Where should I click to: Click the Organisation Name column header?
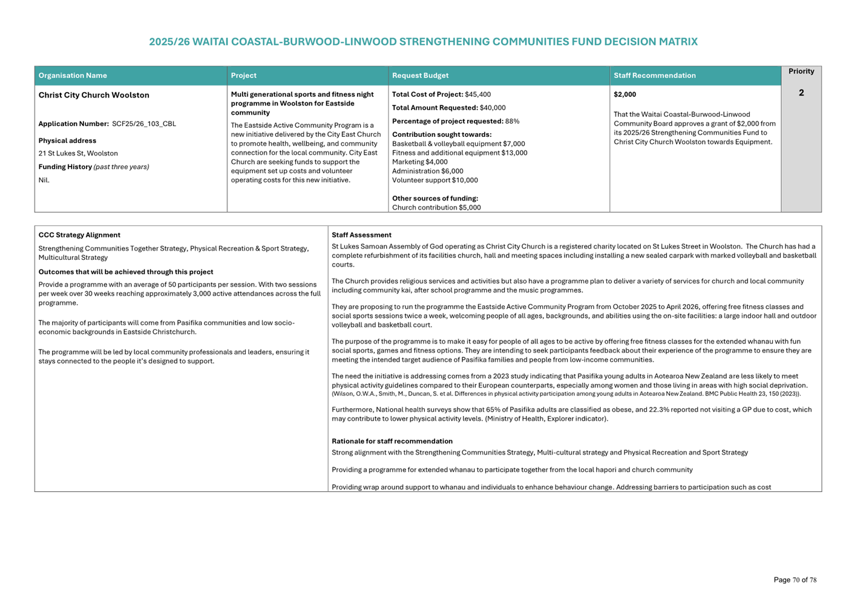coord(73,76)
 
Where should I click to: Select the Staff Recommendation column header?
coord(654,76)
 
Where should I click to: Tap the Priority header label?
coord(801,71)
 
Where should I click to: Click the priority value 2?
coord(801,93)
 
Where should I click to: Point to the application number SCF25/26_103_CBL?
coord(144,124)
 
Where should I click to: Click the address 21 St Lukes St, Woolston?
coord(78,154)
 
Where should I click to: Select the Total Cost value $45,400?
coord(477,94)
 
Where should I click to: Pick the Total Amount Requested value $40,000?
coord(493,108)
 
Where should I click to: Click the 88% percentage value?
coord(512,121)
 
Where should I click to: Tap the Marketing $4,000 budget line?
coord(420,162)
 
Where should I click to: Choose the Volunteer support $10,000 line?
coord(434,180)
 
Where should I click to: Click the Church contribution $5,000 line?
coord(436,208)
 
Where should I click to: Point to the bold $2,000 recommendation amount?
coord(625,94)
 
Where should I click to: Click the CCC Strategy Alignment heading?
coord(79,235)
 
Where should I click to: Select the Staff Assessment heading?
coord(361,235)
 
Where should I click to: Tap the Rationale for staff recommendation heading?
coord(392,442)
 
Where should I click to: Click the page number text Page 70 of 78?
coord(795,580)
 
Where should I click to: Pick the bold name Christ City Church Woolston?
coord(94,95)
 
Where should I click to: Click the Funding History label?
coord(65,167)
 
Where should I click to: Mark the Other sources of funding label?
coord(435,199)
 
